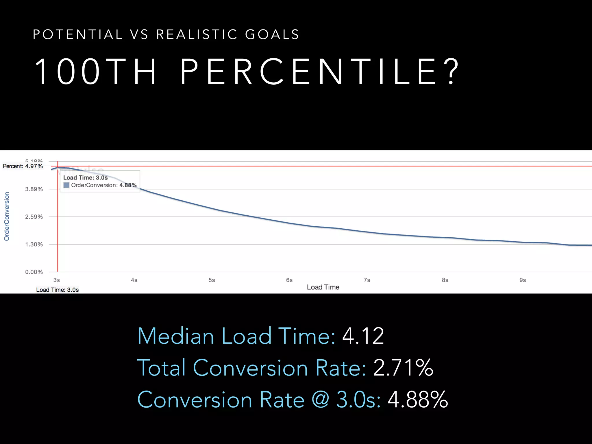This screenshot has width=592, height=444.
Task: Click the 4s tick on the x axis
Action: [134, 280]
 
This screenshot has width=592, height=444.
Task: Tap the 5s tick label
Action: [212, 280]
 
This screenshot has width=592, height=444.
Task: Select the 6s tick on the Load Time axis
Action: [289, 280]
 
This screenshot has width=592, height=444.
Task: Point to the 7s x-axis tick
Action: [367, 280]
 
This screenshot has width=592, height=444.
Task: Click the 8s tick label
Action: [445, 280]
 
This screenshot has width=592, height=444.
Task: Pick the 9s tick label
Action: [522, 280]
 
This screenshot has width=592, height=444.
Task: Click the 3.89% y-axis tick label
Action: [34, 189]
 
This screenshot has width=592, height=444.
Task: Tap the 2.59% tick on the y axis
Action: [34, 217]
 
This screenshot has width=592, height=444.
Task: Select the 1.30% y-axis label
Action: [34, 245]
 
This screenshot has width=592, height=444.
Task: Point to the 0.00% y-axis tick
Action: [34, 272]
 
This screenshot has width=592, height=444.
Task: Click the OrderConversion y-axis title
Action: [7, 216]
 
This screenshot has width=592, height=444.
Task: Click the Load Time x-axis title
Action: [323, 287]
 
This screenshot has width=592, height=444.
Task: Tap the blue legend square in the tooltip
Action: [66, 185]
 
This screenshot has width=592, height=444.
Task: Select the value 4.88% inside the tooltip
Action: [128, 185]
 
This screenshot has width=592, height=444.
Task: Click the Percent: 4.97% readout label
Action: [23, 166]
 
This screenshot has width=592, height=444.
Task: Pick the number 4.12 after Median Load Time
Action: [363, 336]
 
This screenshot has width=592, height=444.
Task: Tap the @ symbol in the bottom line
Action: [320, 400]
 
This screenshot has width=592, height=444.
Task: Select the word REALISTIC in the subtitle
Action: [197, 35]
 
